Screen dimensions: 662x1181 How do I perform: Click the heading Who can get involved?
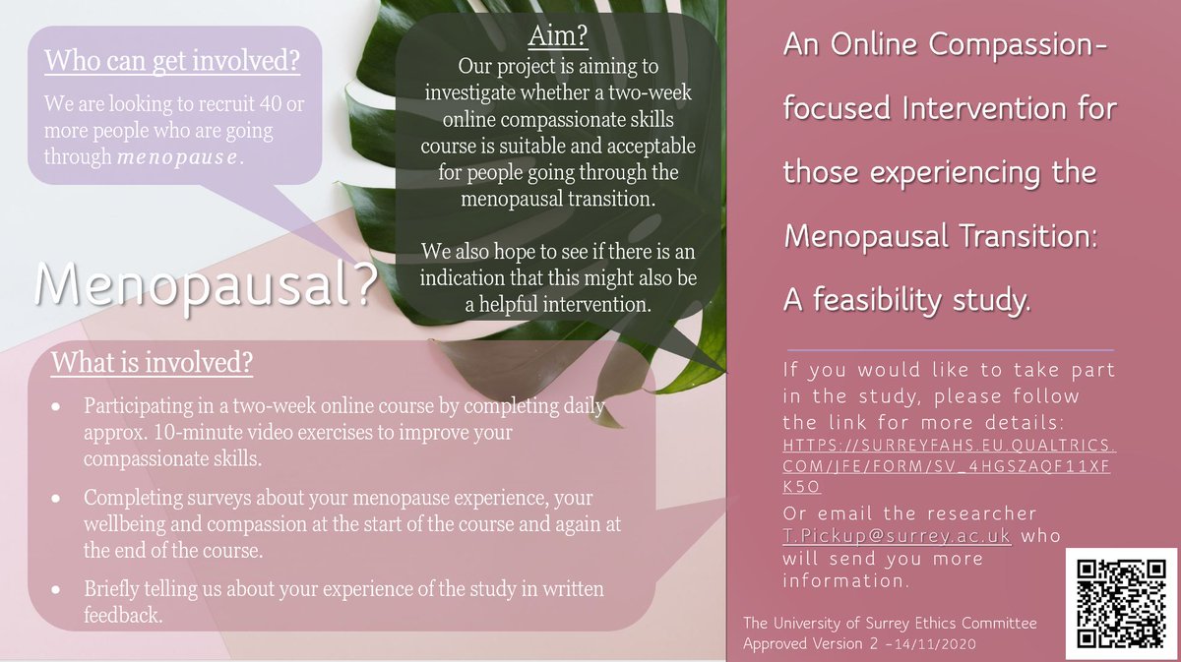171,61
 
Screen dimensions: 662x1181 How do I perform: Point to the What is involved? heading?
152,363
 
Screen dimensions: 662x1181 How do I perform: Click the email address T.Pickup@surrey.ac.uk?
896,537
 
